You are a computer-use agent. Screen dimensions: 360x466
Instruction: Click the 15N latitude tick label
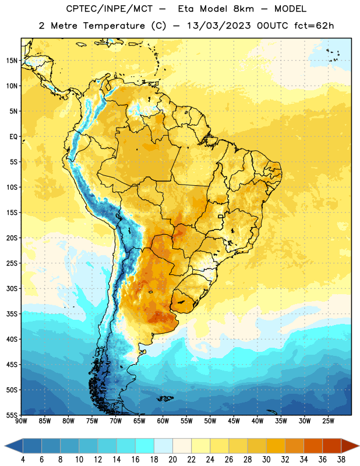pos(12,61)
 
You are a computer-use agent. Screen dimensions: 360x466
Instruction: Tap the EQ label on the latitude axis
pos(13,137)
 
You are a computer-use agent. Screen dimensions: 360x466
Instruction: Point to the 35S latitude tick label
pos(12,314)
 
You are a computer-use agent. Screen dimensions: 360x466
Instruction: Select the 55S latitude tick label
pos(12,415)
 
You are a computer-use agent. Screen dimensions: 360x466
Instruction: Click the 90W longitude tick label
pos(21,421)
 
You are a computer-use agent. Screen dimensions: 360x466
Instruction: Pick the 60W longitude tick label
pos(163,421)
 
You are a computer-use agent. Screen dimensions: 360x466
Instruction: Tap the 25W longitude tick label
pos(328,421)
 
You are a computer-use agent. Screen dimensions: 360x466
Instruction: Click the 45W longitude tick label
pos(234,421)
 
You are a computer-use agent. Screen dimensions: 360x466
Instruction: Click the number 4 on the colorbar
pos(23,460)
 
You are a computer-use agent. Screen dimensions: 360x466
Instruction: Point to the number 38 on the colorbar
pos(341,460)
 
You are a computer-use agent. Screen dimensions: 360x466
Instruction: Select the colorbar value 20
pos(172,460)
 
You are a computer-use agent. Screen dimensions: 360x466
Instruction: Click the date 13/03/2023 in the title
pos(219,26)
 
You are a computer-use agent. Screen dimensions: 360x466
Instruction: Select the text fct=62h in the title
pos(314,26)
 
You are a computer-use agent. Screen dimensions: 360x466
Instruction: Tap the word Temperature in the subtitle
pos(114,26)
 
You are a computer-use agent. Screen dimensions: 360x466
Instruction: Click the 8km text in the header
pos(243,9)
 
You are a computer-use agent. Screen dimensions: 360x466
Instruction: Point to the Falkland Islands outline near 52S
pos(165,398)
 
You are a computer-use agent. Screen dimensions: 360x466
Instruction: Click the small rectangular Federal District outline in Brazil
pos(221,216)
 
